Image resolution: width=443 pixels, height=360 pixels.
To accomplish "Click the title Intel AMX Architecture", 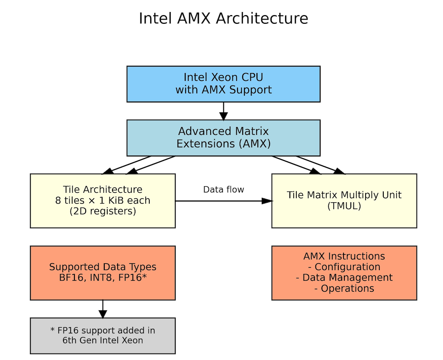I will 223,19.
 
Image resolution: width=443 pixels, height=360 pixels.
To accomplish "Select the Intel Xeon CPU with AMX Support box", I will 223,84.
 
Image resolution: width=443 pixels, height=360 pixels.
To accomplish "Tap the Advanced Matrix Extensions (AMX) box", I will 223,137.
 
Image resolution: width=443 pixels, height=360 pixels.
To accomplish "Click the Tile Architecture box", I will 103,201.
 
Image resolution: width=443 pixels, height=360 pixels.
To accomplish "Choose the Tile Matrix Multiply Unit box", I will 344,201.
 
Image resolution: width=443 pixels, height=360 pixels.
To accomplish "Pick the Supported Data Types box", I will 103,272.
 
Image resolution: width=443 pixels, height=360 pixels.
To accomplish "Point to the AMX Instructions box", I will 344,272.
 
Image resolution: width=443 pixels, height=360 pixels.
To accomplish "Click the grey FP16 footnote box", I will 103,335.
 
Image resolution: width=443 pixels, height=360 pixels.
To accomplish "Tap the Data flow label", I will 223,190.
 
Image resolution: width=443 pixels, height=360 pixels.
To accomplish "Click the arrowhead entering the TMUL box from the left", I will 268,201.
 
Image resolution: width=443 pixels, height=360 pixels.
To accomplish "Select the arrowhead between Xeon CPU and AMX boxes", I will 223,116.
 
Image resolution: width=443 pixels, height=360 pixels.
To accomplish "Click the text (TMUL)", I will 344,206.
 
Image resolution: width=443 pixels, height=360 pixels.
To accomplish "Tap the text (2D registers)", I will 103,211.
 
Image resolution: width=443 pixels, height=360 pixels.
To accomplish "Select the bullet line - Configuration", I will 344,267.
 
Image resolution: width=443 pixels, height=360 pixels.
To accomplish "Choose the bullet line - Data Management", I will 344,277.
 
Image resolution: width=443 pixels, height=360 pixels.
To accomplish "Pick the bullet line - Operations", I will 344,288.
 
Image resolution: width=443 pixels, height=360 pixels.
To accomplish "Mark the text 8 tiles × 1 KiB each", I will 103,201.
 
